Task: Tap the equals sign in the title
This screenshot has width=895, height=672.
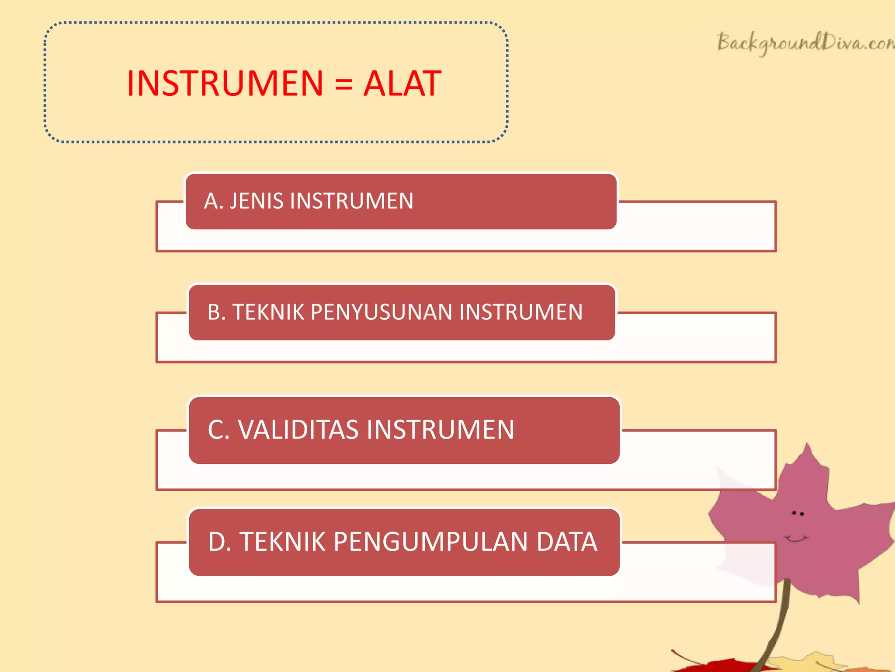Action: coord(343,84)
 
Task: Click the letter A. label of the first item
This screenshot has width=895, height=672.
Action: coord(213,201)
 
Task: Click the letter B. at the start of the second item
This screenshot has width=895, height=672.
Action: coord(216,312)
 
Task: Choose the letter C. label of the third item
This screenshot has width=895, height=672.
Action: coord(219,430)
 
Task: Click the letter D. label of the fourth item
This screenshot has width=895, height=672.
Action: coord(219,542)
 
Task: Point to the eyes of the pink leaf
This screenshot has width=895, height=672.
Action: coord(798,513)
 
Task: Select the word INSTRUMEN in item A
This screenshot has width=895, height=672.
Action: coord(351,201)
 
